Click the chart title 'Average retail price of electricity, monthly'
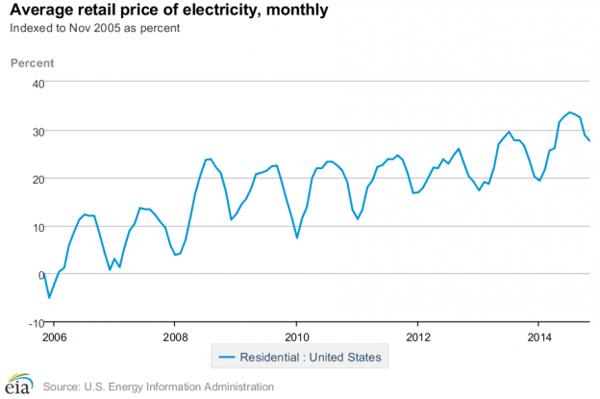click(168, 12)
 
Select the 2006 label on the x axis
click(54, 337)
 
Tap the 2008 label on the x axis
click(175, 337)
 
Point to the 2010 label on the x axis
click(296, 337)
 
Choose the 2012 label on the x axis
click(417, 337)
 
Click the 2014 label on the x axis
click(538, 337)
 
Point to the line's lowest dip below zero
click(49, 298)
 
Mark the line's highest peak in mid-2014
click(569, 112)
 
